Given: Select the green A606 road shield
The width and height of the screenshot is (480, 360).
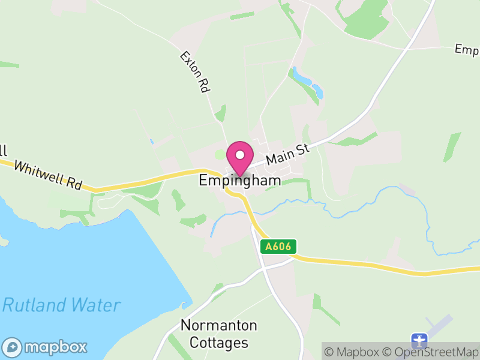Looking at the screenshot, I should (278, 247).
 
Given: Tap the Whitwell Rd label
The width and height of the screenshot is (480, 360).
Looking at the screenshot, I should (47, 175).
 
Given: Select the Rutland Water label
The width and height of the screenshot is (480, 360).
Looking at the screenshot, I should (61, 305).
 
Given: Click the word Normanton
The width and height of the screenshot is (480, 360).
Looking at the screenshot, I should (218, 326).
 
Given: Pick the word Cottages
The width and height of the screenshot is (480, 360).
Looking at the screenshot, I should (218, 343).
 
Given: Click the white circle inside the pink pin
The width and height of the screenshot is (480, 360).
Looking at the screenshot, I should (240, 155).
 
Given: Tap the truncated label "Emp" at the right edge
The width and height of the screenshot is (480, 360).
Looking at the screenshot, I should (467, 49).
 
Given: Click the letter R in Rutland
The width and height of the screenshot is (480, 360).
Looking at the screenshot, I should (10, 305).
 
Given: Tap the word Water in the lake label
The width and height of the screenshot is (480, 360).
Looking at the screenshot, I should (96, 305).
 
